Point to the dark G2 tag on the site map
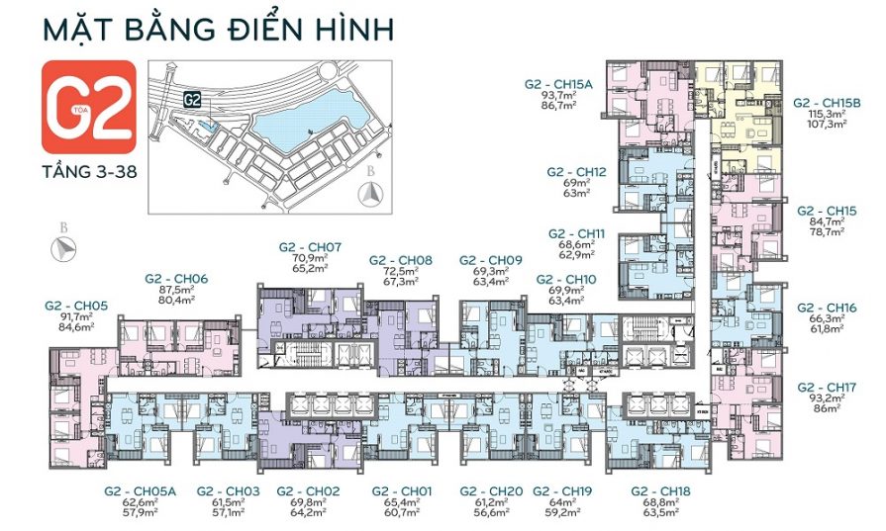point(192,100)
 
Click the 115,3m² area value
point(827,115)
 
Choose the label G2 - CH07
point(310,246)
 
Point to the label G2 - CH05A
point(140,490)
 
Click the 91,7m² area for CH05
point(76,316)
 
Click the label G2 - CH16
point(827,308)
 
